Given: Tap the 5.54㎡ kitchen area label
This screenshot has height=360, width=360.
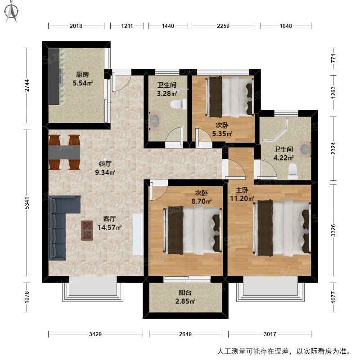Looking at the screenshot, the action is click(83, 83).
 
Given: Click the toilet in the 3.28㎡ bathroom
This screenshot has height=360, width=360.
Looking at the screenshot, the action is click(178, 104).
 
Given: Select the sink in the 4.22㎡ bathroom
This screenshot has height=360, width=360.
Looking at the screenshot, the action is click(305, 149).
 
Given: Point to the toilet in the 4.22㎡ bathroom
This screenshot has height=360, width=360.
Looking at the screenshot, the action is click(293, 171).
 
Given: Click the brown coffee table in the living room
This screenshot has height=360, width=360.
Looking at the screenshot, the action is click(87, 230).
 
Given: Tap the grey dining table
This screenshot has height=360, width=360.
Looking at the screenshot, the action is click(64, 152).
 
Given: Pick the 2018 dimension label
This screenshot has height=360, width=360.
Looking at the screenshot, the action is click(76, 26).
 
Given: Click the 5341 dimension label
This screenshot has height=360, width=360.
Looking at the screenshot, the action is click(27, 203).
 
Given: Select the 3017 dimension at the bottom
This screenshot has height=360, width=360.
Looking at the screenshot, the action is click(270, 334).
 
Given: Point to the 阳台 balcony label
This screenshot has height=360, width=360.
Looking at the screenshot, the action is click(185, 292).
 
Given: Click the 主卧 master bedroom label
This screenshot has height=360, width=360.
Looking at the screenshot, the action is click(242, 190).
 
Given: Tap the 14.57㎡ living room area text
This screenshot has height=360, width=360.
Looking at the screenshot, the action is click(109, 227).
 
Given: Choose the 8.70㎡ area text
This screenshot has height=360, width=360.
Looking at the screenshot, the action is click(201, 201).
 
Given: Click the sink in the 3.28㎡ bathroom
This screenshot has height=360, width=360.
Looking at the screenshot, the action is click(155, 121).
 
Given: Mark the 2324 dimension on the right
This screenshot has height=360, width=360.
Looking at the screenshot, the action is click(333, 148).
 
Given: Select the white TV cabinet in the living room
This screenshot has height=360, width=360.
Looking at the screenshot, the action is click(138, 234).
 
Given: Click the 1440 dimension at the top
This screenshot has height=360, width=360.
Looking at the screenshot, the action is click(168, 26).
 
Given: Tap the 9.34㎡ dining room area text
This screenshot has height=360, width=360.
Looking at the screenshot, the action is click(105, 172).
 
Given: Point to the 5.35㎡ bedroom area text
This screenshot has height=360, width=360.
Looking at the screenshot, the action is click(222, 134).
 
